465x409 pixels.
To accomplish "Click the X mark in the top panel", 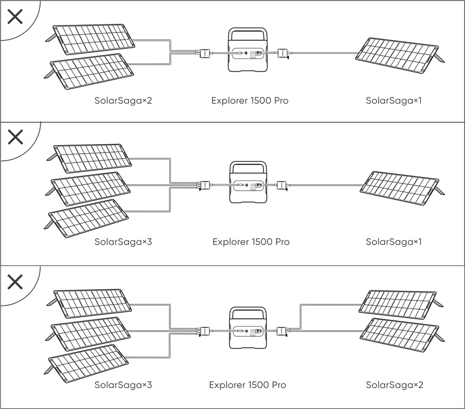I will (x=15, y=16).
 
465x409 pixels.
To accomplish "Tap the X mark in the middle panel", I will (x=15, y=137).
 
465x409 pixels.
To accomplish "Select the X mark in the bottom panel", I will (x=15, y=281).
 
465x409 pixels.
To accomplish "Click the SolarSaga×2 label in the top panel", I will (x=123, y=101).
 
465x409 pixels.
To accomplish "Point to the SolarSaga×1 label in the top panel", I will (x=393, y=101).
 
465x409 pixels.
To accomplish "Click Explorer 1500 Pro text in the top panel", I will (x=250, y=101).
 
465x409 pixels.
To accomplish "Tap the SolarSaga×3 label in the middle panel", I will (x=123, y=242).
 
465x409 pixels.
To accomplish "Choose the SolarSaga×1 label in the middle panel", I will (x=393, y=242).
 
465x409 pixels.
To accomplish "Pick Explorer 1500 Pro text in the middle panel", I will (x=251, y=242).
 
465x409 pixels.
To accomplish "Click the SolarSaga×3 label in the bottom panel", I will (x=123, y=385).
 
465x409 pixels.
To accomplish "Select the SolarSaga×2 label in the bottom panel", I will (x=394, y=385).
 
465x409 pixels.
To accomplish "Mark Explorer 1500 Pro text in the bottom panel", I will (x=248, y=385).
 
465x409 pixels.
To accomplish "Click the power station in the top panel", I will (x=248, y=50).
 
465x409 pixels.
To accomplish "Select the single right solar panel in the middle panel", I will (x=401, y=184).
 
